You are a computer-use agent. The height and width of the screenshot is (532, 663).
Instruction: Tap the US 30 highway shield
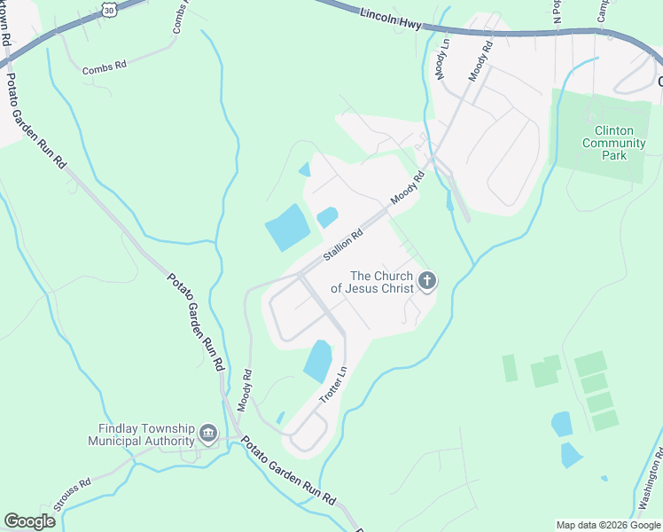pyautogui.click(x=108, y=9)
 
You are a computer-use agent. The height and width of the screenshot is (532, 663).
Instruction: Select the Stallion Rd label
pyautogui.click(x=343, y=246)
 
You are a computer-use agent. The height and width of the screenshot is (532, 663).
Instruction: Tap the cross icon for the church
pyautogui.click(x=427, y=282)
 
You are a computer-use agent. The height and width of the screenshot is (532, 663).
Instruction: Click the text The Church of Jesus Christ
pyautogui.click(x=372, y=282)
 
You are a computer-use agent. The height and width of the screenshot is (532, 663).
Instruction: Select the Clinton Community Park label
pyautogui.click(x=607, y=143)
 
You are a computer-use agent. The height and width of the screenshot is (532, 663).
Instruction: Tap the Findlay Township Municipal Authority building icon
pyautogui.click(x=209, y=434)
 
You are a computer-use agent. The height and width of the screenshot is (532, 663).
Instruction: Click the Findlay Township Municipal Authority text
pyautogui.click(x=141, y=434)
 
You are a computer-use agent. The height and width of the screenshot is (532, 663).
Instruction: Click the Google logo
pyautogui.click(x=29, y=521)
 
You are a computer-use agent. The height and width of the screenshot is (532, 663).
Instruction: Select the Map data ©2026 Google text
pyautogui.click(x=607, y=525)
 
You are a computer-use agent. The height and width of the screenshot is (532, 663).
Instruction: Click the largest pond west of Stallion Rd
pyautogui.click(x=287, y=228)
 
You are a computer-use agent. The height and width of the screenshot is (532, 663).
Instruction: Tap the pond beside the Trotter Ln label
pyautogui.click(x=317, y=361)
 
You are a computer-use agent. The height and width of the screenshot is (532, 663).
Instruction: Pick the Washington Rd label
pyautogui.click(x=647, y=484)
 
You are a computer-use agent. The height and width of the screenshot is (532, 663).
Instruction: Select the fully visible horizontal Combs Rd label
pyautogui.click(x=105, y=67)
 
